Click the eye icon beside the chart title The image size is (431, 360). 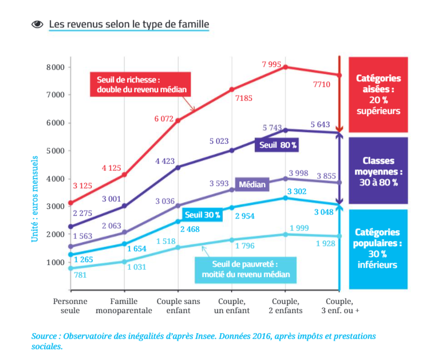(38, 24)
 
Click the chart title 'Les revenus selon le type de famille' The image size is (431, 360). (129, 24)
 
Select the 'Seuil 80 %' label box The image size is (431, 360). (277, 145)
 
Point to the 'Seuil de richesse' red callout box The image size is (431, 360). (140, 85)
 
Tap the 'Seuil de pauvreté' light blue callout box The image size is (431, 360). (246, 269)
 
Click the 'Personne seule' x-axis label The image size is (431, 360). (70, 306)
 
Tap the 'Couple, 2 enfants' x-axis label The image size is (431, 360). (286, 306)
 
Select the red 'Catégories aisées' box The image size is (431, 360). (378, 94)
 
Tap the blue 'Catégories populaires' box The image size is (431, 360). (378, 248)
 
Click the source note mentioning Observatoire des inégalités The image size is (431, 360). (203, 341)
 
